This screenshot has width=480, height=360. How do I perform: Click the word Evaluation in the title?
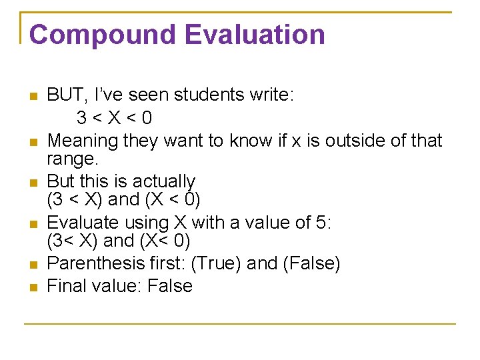coord(243,34)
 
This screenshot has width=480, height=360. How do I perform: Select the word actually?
coord(164,181)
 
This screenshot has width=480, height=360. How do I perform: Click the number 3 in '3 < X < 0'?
coord(81,118)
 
